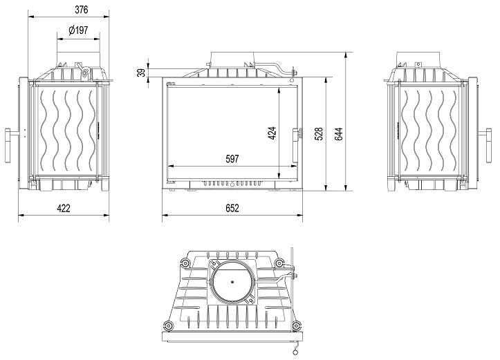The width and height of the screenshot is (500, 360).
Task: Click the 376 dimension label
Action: coord(82,10)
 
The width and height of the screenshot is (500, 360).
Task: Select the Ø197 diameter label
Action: coord(78,30)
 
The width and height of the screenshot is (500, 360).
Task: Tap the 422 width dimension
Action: coord(64,209)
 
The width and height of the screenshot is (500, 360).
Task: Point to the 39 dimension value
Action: coord(141,73)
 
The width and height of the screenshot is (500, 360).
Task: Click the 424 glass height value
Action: coord(272,133)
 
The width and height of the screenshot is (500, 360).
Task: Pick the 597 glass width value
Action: coord(232,159)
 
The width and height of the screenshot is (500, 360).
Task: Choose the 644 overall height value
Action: coord(339,134)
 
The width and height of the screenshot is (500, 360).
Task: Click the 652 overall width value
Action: coord(232,209)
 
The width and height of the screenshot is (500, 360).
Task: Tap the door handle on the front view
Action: coord(296,145)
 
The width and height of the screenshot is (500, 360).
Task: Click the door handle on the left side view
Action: coord(10,145)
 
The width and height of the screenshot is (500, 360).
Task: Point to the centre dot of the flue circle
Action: coord(232,282)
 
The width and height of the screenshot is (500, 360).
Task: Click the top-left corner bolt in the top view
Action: coord(185,263)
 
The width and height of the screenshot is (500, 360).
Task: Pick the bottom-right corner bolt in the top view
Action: coord(295,325)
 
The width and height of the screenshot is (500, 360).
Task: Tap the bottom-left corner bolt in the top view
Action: coord(168,325)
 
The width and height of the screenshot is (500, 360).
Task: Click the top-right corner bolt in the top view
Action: coord(279,263)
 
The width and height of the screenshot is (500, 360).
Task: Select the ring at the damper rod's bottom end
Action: coord(295,352)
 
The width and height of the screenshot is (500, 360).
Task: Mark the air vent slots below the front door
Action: coord(232,184)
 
